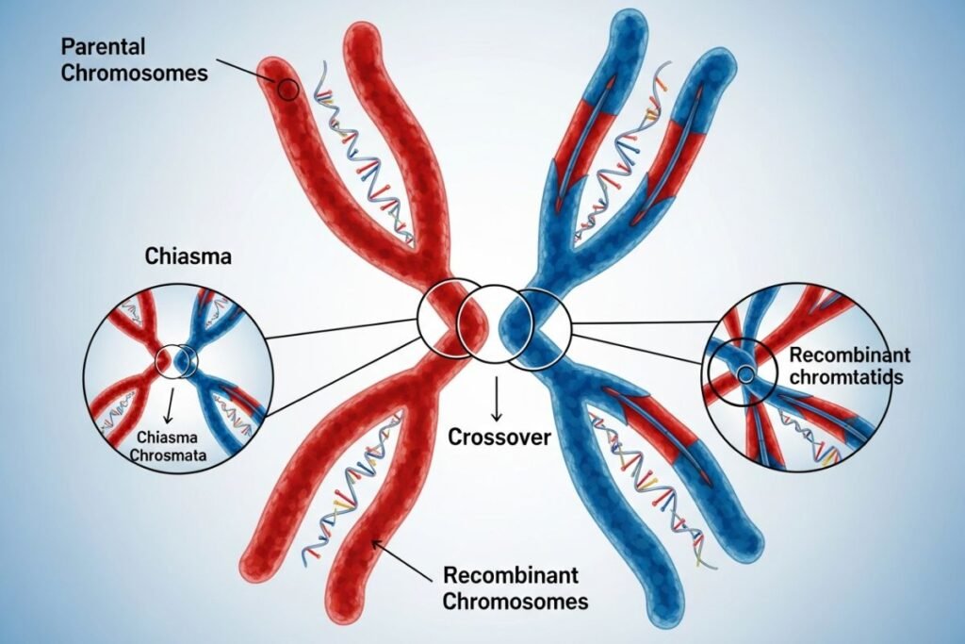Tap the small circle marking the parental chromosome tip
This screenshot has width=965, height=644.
(x=288, y=91)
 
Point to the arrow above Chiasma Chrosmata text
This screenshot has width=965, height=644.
(x=169, y=407)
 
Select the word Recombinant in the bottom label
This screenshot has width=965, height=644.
(x=510, y=575)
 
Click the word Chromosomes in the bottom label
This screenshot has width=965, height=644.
(x=515, y=602)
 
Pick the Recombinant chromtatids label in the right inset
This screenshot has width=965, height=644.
(x=848, y=367)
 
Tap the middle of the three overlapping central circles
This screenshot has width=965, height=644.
(x=491, y=325)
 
